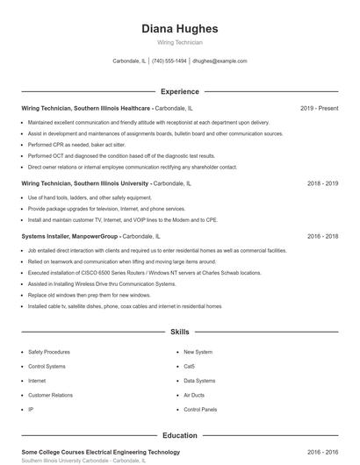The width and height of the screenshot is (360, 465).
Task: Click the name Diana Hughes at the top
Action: coord(179,28)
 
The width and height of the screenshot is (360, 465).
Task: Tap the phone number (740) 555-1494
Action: coord(169,61)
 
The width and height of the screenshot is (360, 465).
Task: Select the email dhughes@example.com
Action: coord(220,61)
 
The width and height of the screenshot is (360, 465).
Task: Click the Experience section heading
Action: coord(179,91)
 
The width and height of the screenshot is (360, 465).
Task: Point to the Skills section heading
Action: coord(179,333)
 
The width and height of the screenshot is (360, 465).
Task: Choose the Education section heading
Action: coord(179,435)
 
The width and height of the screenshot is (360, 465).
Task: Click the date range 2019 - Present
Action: coord(319,108)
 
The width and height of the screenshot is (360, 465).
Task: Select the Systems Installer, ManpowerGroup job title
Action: coord(69,236)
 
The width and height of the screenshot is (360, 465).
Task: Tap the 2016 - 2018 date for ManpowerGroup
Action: coord(322,236)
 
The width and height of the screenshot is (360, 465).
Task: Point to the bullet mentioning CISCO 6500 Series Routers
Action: coord(144,273)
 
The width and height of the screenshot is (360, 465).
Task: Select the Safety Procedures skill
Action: coord(49,351)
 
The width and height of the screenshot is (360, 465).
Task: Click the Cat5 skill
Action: coord(189,366)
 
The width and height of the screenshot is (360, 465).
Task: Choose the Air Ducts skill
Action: coord(193,395)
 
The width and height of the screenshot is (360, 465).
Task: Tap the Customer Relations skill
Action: coord(50,395)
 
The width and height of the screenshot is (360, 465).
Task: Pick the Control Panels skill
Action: coord(199,410)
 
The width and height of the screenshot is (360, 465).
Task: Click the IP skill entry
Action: coord(31,410)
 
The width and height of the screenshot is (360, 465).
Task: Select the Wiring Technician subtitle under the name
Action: coord(179,42)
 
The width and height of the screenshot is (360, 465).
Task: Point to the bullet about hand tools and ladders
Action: coord(89,198)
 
